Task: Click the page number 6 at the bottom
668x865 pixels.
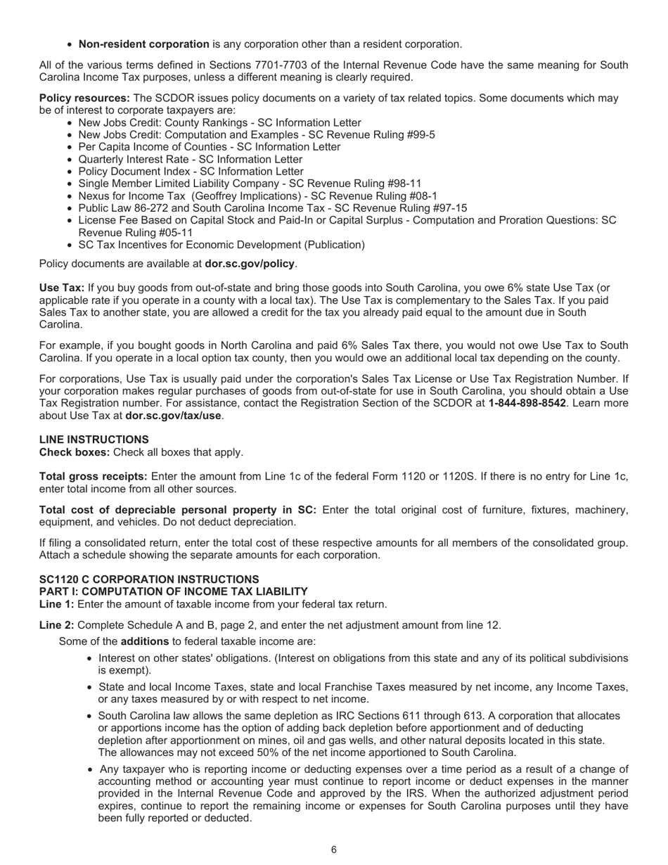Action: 333,850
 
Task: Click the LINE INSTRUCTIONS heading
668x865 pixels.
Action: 94,440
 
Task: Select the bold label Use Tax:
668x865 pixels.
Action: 62,288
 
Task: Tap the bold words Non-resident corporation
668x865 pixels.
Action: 143,44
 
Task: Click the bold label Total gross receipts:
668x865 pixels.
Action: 94,477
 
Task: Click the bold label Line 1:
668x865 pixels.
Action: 56,604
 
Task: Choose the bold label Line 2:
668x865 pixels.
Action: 56,625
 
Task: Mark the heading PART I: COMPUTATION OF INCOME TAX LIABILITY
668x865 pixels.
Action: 173,591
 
